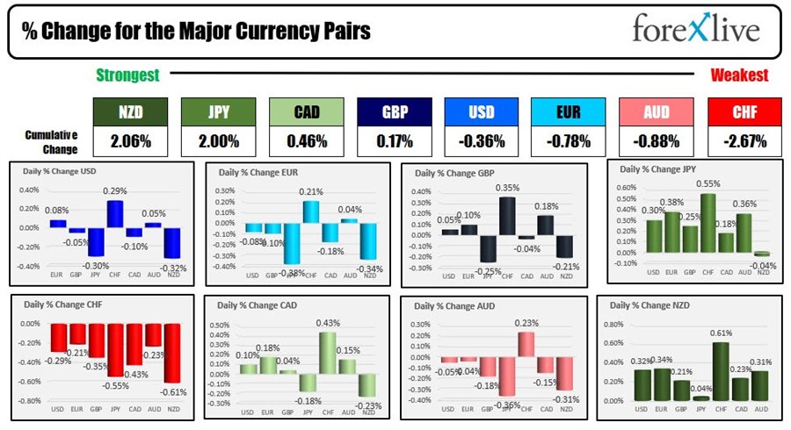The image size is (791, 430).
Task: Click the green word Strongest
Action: (127, 75)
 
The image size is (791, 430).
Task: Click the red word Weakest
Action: (739, 75)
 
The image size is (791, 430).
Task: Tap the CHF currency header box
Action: (744, 111)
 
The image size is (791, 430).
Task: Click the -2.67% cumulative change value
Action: (744, 141)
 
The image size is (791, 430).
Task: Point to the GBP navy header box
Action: (394, 111)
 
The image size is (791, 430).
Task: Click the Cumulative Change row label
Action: (50, 140)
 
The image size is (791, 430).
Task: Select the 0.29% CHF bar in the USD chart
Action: (114, 214)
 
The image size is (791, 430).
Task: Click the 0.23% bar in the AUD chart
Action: (526, 343)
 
